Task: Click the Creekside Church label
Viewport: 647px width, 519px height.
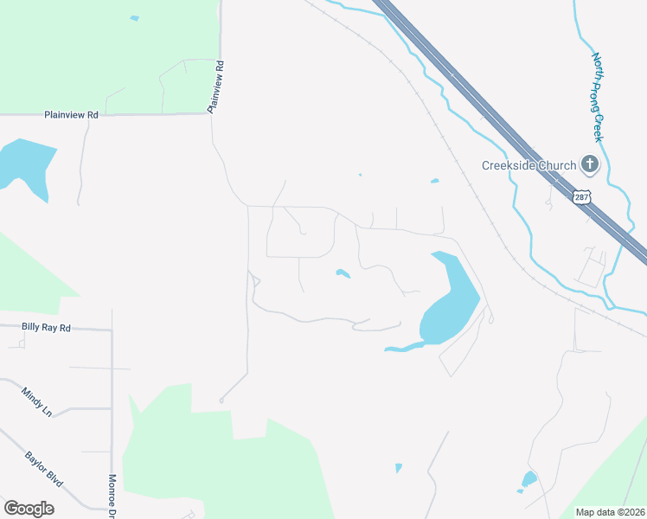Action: click(x=529, y=165)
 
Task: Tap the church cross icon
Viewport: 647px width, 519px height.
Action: click(x=589, y=163)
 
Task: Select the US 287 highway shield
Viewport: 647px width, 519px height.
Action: click(x=583, y=196)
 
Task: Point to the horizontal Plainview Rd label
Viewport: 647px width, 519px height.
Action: click(x=71, y=114)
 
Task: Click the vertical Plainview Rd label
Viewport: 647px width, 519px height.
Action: click(x=215, y=86)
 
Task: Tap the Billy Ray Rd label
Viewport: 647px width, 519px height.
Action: click(x=47, y=328)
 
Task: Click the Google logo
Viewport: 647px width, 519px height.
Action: click(x=29, y=509)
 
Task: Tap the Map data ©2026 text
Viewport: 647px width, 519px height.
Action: click(x=611, y=512)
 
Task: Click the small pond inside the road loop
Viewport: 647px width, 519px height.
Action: click(x=343, y=275)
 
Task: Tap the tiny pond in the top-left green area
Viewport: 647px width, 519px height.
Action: click(x=134, y=18)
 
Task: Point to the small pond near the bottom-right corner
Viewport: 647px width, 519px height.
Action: click(x=528, y=479)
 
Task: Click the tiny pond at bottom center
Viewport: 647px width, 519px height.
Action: click(x=399, y=468)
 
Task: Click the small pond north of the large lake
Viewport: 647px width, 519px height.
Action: click(x=434, y=181)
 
